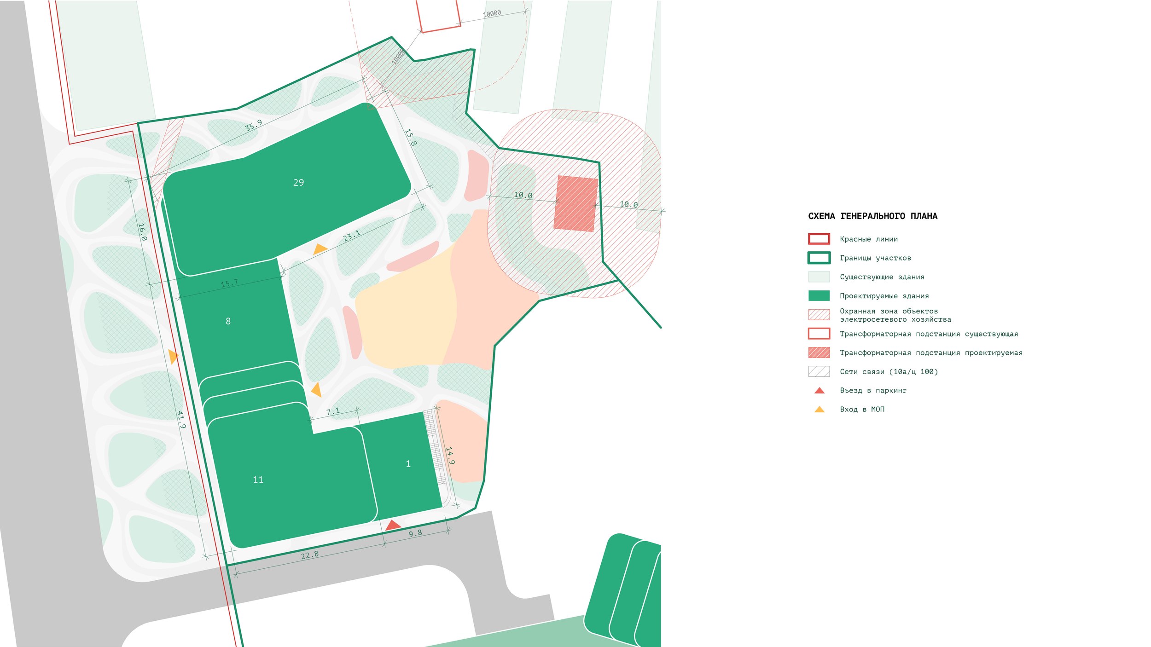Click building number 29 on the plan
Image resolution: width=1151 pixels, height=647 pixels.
pyautogui.click(x=298, y=183)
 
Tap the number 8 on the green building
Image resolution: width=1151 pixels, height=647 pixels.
pyautogui.click(x=228, y=321)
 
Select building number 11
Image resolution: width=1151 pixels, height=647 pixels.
pyautogui.click(x=258, y=480)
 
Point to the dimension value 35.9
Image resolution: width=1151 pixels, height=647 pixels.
pyautogui.click(x=253, y=125)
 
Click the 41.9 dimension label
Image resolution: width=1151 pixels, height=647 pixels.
pyautogui.click(x=181, y=420)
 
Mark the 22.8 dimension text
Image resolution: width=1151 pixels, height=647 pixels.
pyautogui.click(x=309, y=555)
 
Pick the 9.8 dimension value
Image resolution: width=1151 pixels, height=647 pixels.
pyautogui.click(x=415, y=533)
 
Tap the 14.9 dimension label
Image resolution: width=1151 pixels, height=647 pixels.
pyautogui.click(x=450, y=456)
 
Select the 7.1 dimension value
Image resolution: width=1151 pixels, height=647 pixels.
pyautogui.click(x=333, y=411)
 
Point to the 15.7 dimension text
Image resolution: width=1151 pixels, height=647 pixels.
pyautogui.click(x=229, y=283)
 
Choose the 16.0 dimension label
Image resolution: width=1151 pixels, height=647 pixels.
pyautogui.click(x=143, y=232)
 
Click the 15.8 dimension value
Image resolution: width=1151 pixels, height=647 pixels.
pyautogui.click(x=410, y=137)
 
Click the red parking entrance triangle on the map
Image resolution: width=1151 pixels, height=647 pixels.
pyautogui.click(x=393, y=525)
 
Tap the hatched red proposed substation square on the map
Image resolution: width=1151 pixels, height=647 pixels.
pyautogui.click(x=575, y=203)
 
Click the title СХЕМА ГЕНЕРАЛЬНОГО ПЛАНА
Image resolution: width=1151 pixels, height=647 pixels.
pyautogui.click(x=872, y=216)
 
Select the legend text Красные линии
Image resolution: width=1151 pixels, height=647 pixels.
pyautogui.click(x=868, y=239)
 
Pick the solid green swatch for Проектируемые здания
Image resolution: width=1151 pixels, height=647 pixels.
pyautogui.click(x=819, y=295)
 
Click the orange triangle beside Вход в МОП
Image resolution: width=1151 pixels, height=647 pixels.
pyautogui.click(x=820, y=409)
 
